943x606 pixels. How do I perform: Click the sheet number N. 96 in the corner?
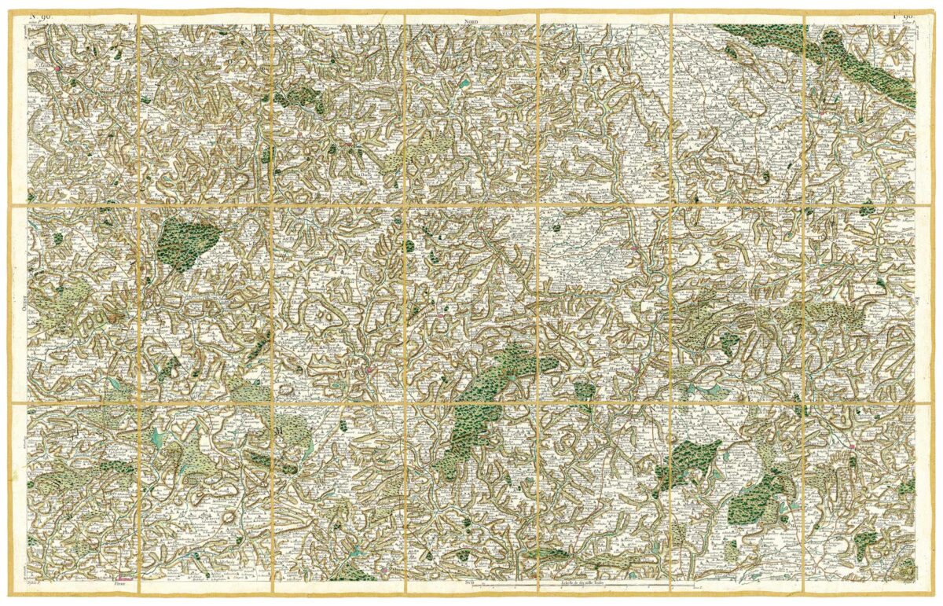pos(40,16)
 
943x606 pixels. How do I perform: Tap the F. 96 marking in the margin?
pos(904,16)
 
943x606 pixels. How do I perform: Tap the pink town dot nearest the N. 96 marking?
pos(58,68)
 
